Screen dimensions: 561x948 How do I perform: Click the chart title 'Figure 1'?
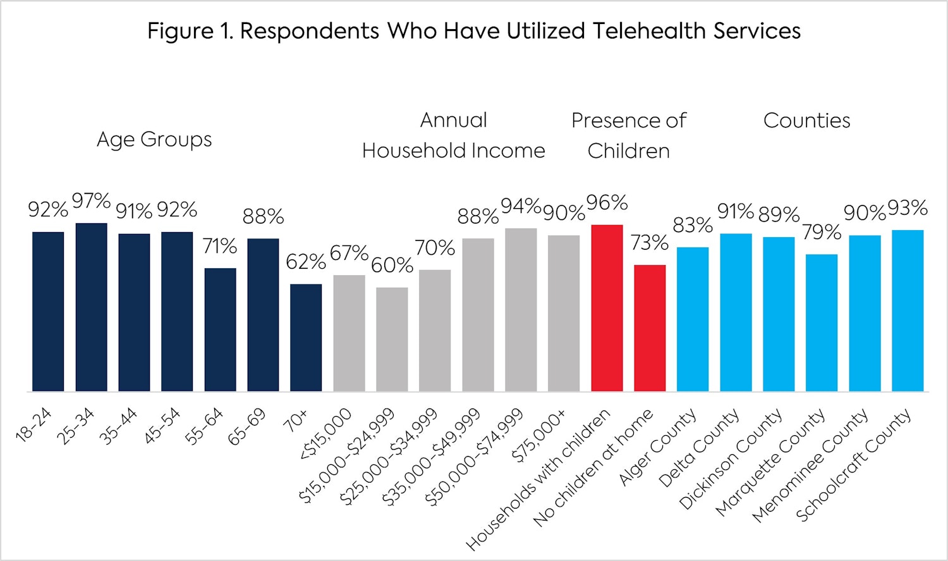473,31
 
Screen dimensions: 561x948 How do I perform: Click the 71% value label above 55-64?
220,246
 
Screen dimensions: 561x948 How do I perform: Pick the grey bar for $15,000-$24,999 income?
392,339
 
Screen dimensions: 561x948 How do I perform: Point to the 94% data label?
521,206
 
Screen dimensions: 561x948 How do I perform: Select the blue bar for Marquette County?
822,323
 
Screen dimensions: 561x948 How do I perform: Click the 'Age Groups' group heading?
154,139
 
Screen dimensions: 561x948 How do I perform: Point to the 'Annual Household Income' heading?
453,135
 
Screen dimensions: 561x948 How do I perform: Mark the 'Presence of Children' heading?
628,135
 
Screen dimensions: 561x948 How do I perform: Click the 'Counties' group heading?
806,120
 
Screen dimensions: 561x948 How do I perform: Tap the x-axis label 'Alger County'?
657,447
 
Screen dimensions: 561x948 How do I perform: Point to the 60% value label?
392,265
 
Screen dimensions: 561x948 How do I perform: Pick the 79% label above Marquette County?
822,232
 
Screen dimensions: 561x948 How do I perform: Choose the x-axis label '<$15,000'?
326,434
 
